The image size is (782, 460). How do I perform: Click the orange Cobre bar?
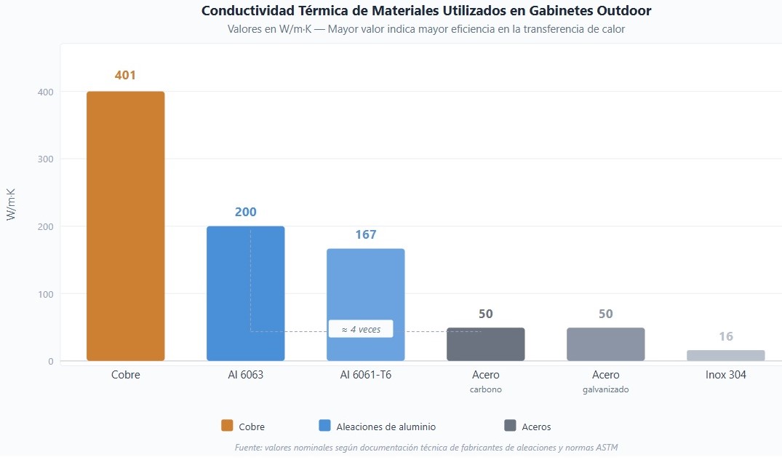pyautogui.click(x=126, y=226)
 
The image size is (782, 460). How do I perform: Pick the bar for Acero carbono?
pyautogui.click(x=485, y=344)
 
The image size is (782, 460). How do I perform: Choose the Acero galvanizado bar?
pyautogui.click(x=605, y=344)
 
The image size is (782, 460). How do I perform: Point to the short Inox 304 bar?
pyautogui.click(x=725, y=355)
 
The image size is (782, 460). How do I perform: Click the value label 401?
pyautogui.click(x=125, y=76)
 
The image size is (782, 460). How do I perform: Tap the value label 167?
pyautogui.click(x=365, y=235)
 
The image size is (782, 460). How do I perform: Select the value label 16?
pyautogui.click(x=725, y=336)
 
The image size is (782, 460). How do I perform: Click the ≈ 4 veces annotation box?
pyautogui.click(x=360, y=329)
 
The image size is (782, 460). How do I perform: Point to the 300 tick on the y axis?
pyautogui.click(x=46, y=159)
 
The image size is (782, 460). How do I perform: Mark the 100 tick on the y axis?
pyautogui.click(x=46, y=294)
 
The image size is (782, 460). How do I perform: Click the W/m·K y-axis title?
pyautogui.click(x=12, y=204)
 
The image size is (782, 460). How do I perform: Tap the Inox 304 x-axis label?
pyautogui.click(x=725, y=376)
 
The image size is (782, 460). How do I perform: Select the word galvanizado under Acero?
pyautogui.click(x=605, y=389)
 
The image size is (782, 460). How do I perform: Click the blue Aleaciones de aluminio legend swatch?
pyautogui.click(x=324, y=426)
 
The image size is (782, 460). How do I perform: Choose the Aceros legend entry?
pyautogui.click(x=527, y=427)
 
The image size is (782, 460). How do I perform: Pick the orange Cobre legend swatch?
pyautogui.click(x=227, y=426)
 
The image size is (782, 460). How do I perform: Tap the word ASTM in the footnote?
pyautogui.click(x=605, y=448)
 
